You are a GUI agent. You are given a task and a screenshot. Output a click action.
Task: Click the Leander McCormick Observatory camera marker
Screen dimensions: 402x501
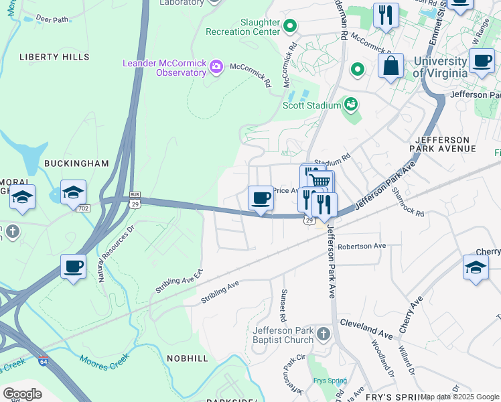(216, 66)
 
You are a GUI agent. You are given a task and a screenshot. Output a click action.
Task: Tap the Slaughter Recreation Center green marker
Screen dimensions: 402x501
(290, 27)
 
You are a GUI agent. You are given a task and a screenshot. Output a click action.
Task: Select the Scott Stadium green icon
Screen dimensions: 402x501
(350, 104)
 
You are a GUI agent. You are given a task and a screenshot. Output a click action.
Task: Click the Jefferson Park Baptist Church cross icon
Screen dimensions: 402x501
(323, 334)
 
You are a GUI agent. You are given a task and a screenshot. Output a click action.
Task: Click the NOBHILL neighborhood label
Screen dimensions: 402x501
(188, 358)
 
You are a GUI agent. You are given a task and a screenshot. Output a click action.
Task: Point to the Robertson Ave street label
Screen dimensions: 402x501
(362, 246)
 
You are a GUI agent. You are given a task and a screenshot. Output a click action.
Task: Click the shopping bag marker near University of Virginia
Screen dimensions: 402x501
(390, 66)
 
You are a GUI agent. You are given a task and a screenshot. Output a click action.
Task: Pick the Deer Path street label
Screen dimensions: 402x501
(52, 19)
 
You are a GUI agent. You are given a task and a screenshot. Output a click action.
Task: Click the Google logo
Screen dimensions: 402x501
(23, 393)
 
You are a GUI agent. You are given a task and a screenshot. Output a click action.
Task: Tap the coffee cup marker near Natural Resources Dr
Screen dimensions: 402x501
(73, 267)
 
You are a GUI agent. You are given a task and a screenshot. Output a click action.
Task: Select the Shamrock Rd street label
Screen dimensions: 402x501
(409, 201)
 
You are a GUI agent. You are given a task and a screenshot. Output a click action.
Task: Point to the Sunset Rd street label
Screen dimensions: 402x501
(283, 304)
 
